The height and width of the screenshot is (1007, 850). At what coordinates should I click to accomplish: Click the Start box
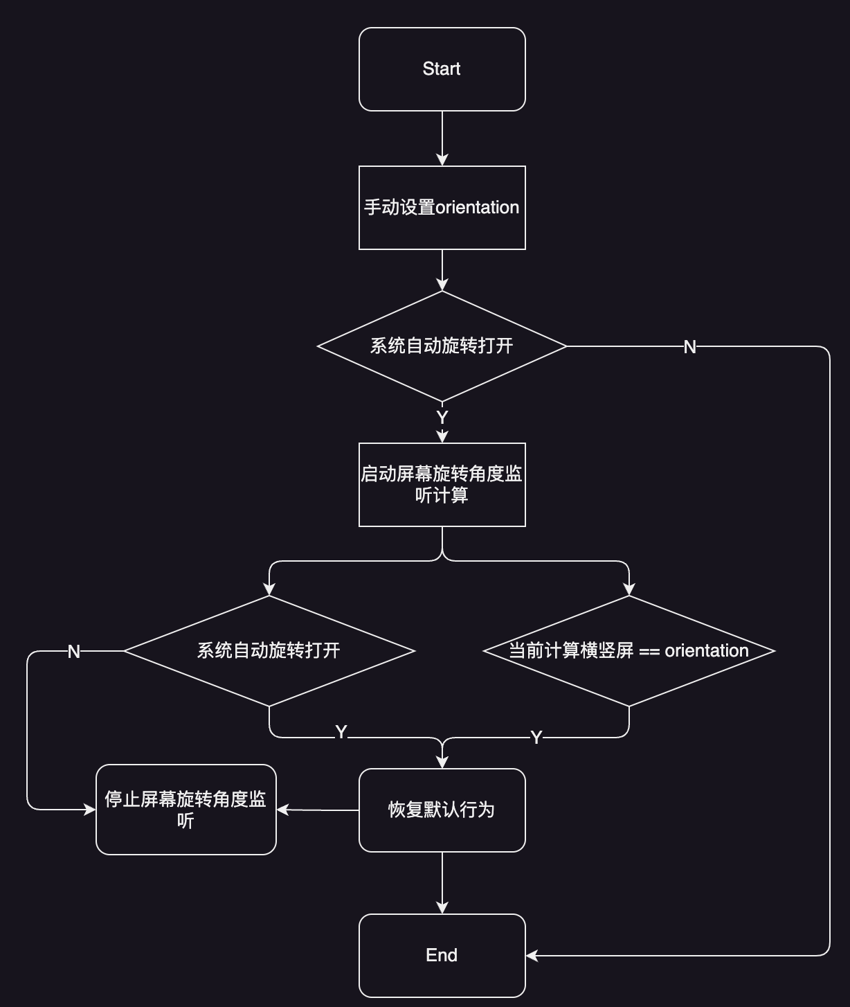point(442,69)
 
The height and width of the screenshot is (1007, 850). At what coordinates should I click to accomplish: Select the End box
point(442,955)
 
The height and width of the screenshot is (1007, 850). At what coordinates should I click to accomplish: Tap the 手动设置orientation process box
point(442,207)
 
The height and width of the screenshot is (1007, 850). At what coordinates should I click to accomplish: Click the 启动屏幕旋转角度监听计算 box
point(442,484)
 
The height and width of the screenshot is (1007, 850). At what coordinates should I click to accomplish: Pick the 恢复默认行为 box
point(442,810)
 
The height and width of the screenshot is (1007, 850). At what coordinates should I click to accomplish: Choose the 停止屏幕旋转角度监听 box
point(186,810)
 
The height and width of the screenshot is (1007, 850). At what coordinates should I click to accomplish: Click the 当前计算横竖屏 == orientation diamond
point(629,650)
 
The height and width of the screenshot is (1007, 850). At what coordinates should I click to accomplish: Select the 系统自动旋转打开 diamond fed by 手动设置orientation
point(442,346)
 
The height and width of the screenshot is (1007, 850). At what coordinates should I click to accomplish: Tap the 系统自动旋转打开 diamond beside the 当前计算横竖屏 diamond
point(269,650)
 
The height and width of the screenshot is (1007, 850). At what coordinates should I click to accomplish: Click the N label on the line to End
point(689,347)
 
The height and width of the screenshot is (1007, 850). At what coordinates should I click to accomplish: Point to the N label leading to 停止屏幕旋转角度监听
point(74,652)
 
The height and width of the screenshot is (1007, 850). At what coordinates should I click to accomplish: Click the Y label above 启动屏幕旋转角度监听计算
point(442,418)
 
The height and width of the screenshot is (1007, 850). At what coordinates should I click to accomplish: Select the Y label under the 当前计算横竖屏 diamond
point(536,738)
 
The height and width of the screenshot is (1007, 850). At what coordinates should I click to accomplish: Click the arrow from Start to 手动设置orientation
point(442,139)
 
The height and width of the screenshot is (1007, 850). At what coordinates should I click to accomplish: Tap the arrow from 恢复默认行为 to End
point(442,883)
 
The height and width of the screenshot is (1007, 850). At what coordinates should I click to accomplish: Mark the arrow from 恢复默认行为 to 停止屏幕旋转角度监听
point(318,810)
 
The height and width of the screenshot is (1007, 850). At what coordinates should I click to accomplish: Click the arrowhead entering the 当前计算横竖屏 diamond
point(629,589)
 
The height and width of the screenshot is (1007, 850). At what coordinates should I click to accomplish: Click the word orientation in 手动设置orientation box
point(477,207)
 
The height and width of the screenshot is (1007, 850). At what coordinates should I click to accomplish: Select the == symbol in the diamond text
point(649,651)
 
